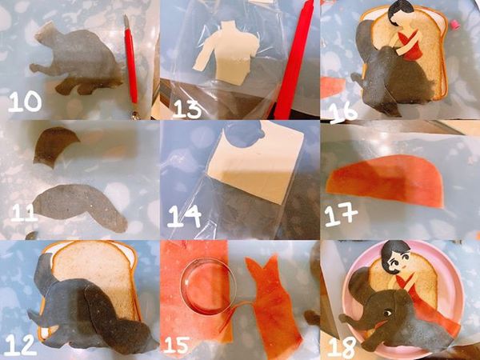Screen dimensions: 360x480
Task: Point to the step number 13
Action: coord(186,108)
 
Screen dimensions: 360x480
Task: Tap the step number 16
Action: coord(344,108)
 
